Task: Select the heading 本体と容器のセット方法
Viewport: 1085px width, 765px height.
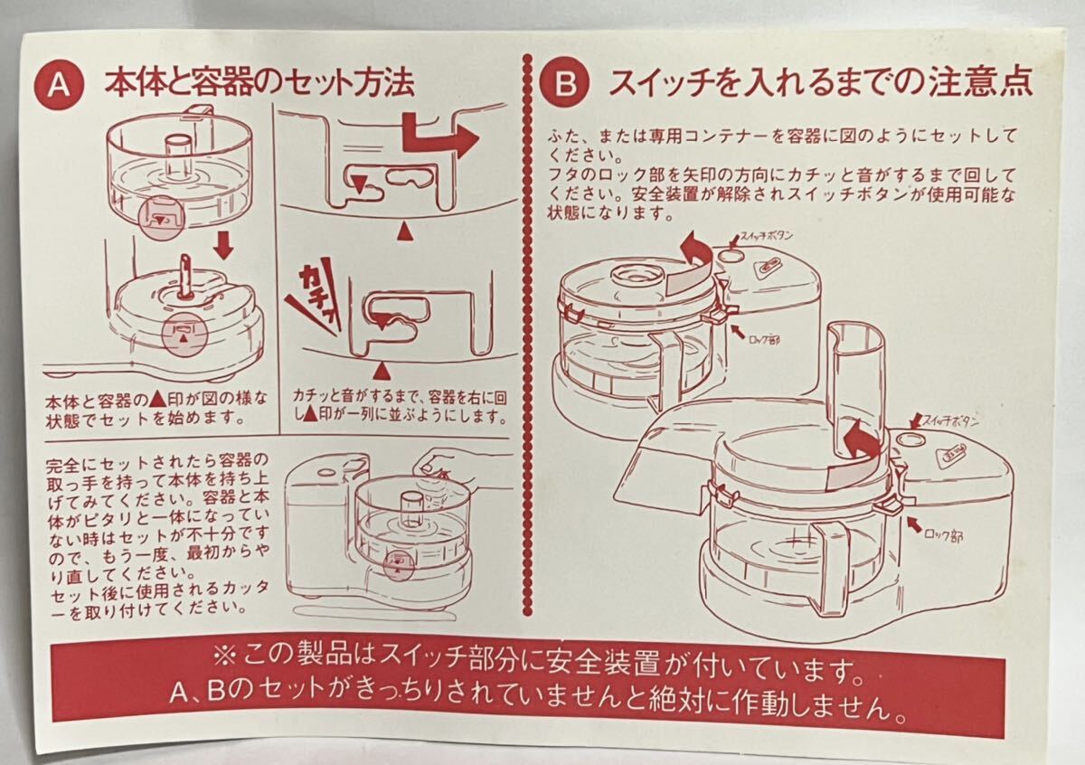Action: (x=259, y=85)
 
